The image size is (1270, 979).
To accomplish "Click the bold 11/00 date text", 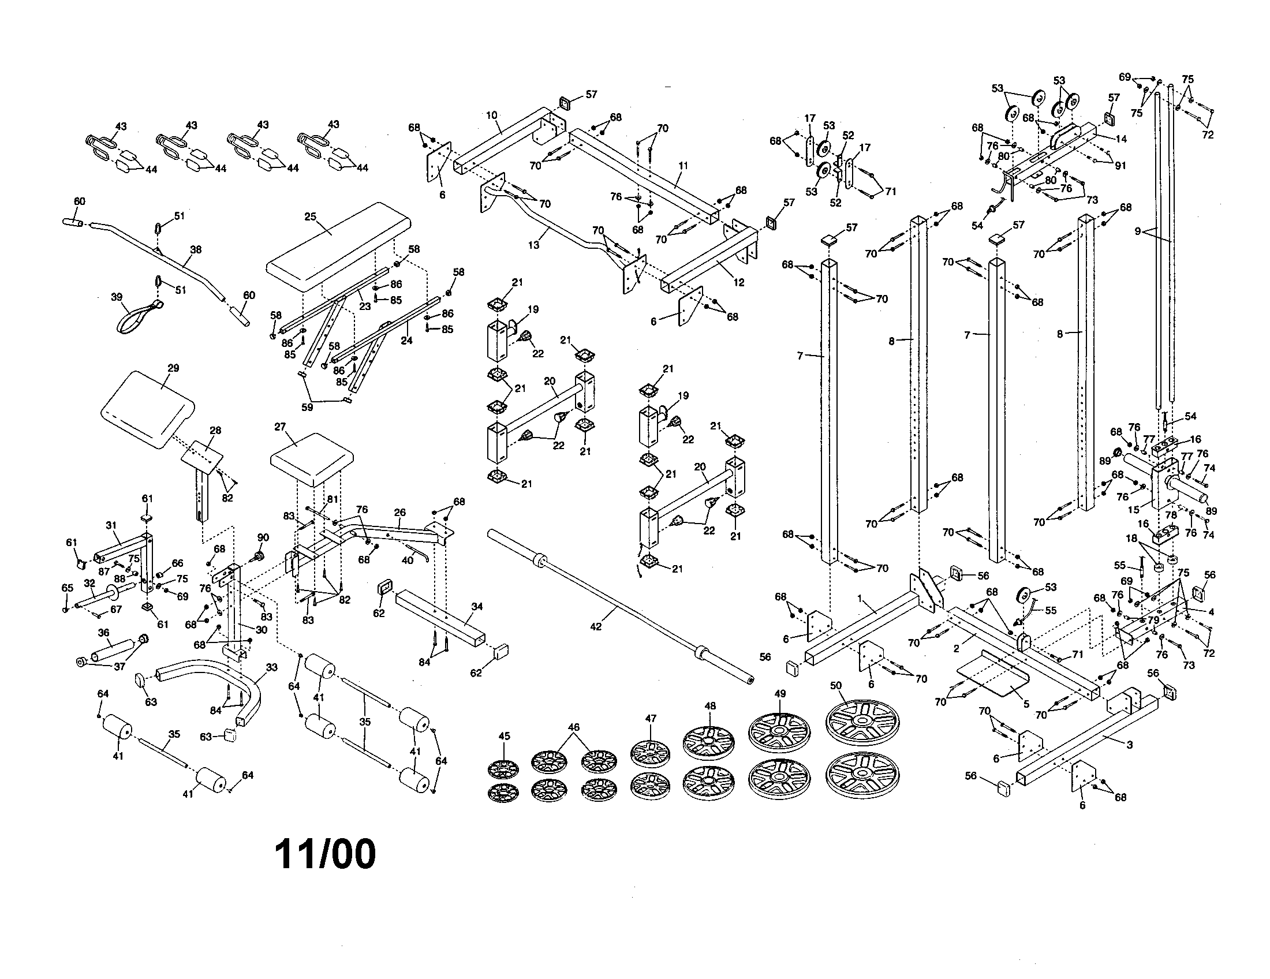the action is (x=325, y=854).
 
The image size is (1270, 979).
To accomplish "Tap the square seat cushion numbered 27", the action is (x=312, y=459).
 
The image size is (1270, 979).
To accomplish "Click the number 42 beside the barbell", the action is (x=596, y=626).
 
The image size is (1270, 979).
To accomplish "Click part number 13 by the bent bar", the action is (x=533, y=245).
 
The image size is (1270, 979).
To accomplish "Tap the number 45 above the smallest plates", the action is (x=503, y=736).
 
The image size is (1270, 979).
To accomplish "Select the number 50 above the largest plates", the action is (x=836, y=686).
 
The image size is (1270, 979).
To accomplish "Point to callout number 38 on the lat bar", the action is (x=195, y=249).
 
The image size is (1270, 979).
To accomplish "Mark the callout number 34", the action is (x=477, y=607).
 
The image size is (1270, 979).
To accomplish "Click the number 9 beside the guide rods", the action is (x=1137, y=231).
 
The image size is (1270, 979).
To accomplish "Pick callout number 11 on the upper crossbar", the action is (x=683, y=166).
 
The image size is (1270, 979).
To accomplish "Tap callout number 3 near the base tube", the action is (x=1129, y=745).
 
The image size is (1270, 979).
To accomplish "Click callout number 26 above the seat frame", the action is (x=399, y=512).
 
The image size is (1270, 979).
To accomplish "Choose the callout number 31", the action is (x=111, y=525).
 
